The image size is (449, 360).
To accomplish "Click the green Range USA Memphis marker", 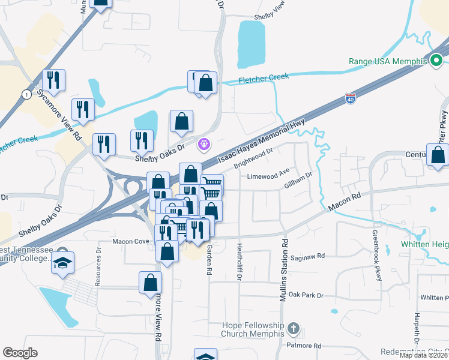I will (437, 61).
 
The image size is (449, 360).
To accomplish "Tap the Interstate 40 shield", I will (351, 98).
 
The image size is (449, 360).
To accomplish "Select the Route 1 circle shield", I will (26, 95).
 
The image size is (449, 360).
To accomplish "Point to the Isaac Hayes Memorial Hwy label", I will (262, 142).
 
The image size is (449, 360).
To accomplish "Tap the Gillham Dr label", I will (299, 181).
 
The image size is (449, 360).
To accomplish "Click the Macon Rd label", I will (344, 202).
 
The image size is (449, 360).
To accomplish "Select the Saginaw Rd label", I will (307, 256).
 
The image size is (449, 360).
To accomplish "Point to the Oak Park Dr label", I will (306, 295).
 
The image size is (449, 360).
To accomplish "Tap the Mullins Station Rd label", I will (284, 269).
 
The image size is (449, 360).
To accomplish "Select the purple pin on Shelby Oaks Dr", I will (205, 144).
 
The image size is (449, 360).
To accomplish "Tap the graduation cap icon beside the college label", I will (62, 263).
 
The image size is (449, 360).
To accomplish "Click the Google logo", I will (20, 353).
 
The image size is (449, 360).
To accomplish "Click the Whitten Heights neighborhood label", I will (424, 245).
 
